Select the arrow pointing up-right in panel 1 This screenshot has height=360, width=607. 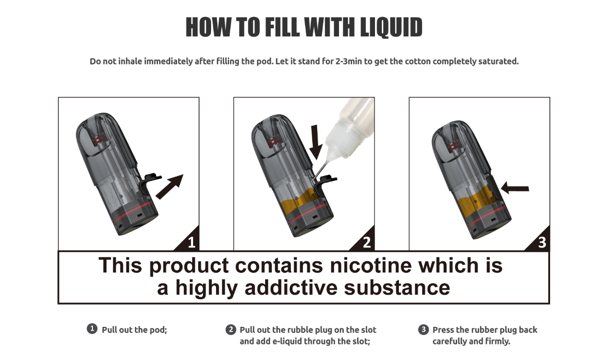[x=169, y=186]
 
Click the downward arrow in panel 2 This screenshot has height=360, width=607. [x=316, y=142]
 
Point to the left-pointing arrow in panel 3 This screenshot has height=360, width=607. [x=515, y=187]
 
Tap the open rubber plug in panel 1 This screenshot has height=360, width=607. [x=149, y=182]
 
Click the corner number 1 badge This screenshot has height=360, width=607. [x=191, y=242]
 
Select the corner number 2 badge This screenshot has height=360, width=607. [x=366, y=242]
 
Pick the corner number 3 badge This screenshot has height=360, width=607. [x=541, y=242]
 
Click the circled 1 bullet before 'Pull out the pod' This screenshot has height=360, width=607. [x=92, y=329]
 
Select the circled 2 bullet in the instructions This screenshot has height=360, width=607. [x=231, y=330]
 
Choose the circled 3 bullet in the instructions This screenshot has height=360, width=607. [x=424, y=330]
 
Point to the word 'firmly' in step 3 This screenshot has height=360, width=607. [x=496, y=342]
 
